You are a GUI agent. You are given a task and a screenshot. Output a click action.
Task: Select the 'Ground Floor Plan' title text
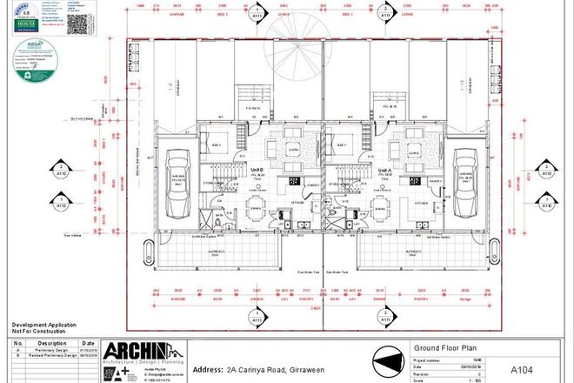438,346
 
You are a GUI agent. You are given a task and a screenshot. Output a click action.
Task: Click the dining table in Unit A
381,206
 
